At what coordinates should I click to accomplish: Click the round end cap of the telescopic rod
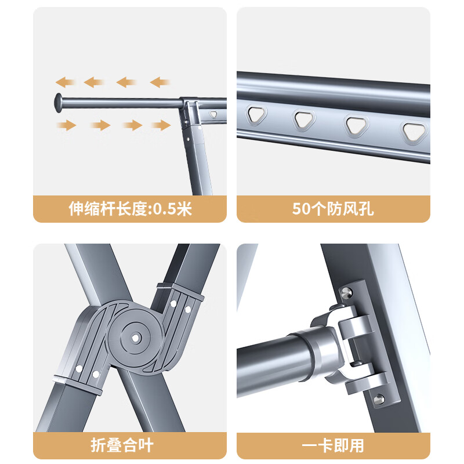click(x=59, y=103)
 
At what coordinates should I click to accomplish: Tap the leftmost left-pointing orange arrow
click(x=65, y=82)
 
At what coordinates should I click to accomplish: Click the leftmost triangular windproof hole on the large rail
click(x=256, y=115)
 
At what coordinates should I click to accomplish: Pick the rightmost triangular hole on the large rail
click(x=415, y=132)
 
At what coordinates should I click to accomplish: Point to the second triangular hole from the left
click(x=304, y=119)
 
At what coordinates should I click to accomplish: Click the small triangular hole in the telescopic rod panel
click(x=213, y=114)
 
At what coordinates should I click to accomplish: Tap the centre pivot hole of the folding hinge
click(x=135, y=338)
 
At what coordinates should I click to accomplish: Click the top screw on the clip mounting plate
click(x=346, y=293)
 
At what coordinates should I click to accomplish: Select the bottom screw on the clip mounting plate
click(x=379, y=399)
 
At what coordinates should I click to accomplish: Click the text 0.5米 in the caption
click(x=172, y=209)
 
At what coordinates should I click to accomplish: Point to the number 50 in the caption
click(x=301, y=209)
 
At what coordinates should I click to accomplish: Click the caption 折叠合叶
click(x=122, y=445)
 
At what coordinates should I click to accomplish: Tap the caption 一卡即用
click(x=332, y=445)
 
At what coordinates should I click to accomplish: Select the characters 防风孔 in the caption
click(x=350, y=209)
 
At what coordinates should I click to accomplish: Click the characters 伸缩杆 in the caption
click(x=92, y=209)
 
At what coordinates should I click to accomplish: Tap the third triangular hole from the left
click(x=357, y=125)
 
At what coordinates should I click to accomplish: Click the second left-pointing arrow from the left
click(x=94, y=82)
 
